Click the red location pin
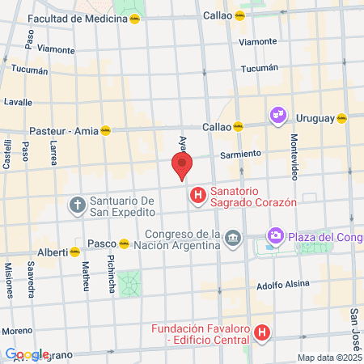[x=182, y=165]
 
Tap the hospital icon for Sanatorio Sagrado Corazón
[x=197, y=196]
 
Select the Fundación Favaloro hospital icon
[x=261, y=332]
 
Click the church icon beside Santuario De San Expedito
[x=77, y=205]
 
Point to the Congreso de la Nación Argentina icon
[x=233, y=238]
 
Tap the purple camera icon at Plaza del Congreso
[x=276, y=236]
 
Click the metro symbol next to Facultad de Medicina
[x=134, y=18]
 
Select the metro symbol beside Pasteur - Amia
[x=104, y=129]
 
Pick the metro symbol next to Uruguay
[x=342, y=118]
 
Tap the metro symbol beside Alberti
[x=75, y=252]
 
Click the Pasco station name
[x=101, y=243]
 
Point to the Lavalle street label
[x=18, y=103]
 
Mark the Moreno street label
[x=16, y=331]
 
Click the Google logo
[x=27, y=354]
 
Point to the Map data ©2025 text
[x=328, y=357]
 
